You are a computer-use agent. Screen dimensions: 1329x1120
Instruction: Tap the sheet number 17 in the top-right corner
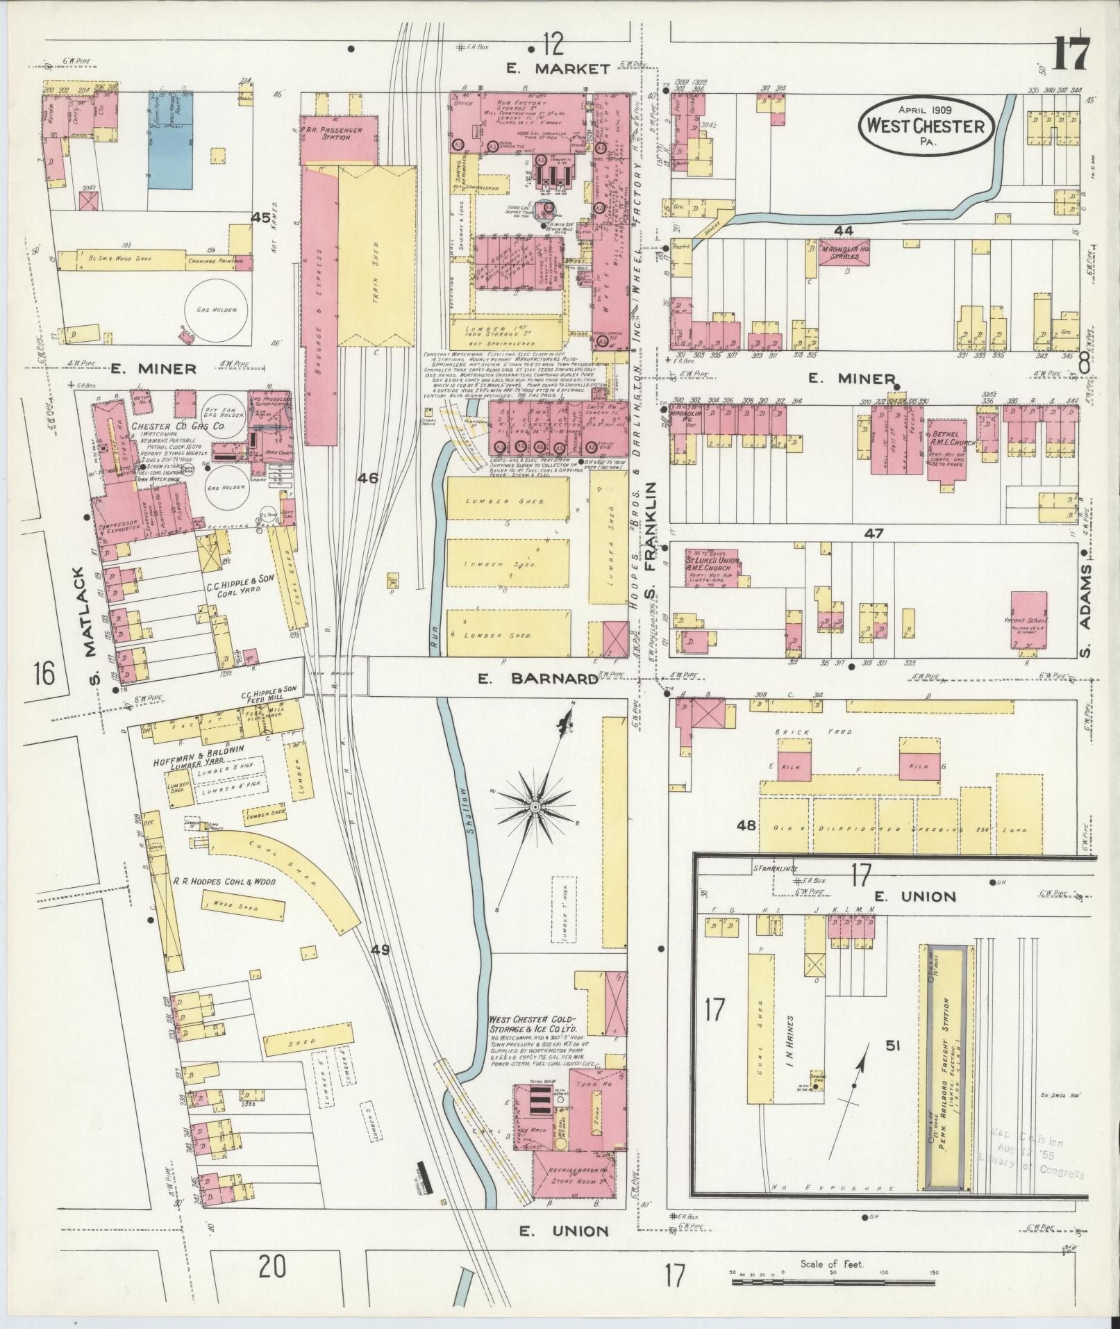[x=1069, y=54]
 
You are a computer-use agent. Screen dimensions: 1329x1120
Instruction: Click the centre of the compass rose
[x=535, y=807]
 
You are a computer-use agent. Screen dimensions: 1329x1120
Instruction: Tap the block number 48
[x=746, y=826]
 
